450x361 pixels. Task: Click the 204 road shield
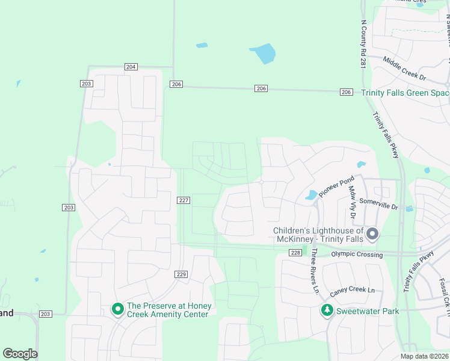[131, 67]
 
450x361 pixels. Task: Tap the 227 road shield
[184, 200]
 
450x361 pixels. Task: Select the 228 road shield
[295, 253]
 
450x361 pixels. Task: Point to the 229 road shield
[182, 274]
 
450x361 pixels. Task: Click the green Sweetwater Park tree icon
[326, 310]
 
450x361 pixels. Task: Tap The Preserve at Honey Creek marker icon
[118, 310]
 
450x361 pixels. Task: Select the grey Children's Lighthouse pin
[372, 233]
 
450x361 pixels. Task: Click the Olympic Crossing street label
[357, 255]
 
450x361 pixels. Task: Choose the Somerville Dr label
[378, 203]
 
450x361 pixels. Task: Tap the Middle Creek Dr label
[404, 69]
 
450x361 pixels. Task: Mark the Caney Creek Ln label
[352, 291]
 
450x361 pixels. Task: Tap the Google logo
[20, 354]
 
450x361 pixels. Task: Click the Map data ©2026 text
[424, 356]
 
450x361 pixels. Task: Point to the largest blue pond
[263, 54]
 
